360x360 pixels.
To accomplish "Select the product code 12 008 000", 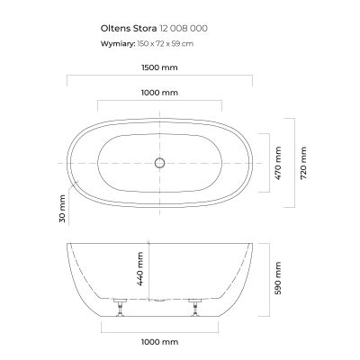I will coord(183,29).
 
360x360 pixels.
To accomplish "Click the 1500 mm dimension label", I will coord(159,67).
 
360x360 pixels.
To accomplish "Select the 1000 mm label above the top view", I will coord(159,93).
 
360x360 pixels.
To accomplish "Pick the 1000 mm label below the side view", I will coord(159,342).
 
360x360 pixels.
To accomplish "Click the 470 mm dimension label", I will coord(279,164).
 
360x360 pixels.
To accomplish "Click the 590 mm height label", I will coord(279,278).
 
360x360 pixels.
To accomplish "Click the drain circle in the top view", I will coord(159,164).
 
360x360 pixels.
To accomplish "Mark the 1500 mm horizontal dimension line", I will coord(159,78).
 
